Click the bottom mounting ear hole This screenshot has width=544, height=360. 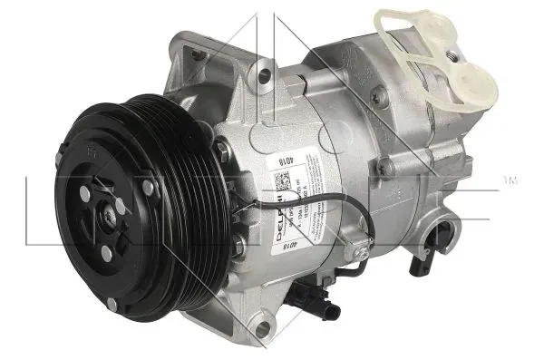265,333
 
